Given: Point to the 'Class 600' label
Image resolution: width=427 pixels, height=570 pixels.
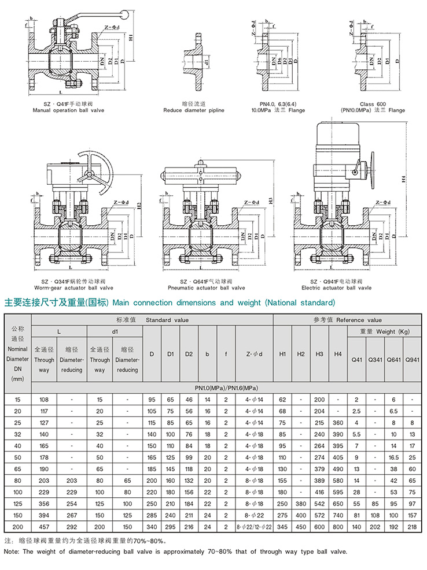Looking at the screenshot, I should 372,103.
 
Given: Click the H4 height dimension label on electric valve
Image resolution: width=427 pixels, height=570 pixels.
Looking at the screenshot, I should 404,180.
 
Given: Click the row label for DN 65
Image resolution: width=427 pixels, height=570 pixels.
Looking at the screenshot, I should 18,468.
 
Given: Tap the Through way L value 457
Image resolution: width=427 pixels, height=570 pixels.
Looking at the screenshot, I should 45,527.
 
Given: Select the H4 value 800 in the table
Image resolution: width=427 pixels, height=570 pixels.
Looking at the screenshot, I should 338,527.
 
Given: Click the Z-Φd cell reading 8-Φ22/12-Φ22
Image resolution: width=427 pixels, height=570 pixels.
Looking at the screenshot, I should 253,527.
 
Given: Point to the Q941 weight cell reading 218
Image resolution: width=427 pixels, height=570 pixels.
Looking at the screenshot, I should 412,527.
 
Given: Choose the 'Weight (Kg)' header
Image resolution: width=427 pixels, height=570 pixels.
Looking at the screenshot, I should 384,331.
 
